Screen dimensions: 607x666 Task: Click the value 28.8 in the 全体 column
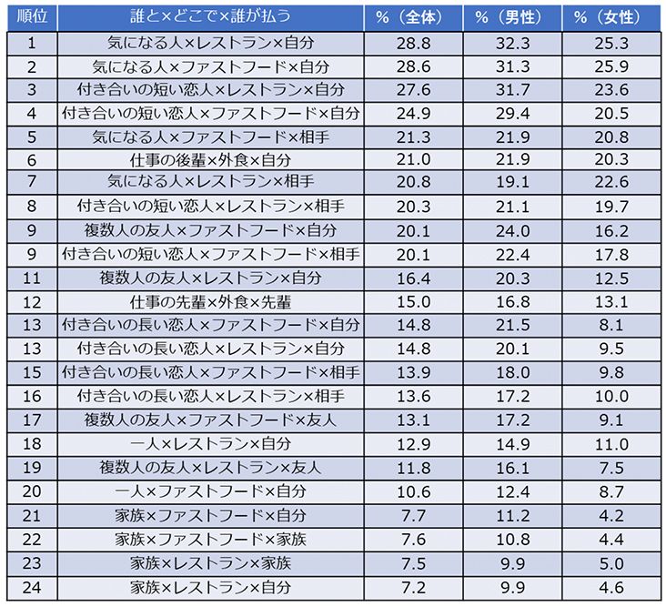click(414, 43)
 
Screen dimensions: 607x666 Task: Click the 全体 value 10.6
click(414, 491)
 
